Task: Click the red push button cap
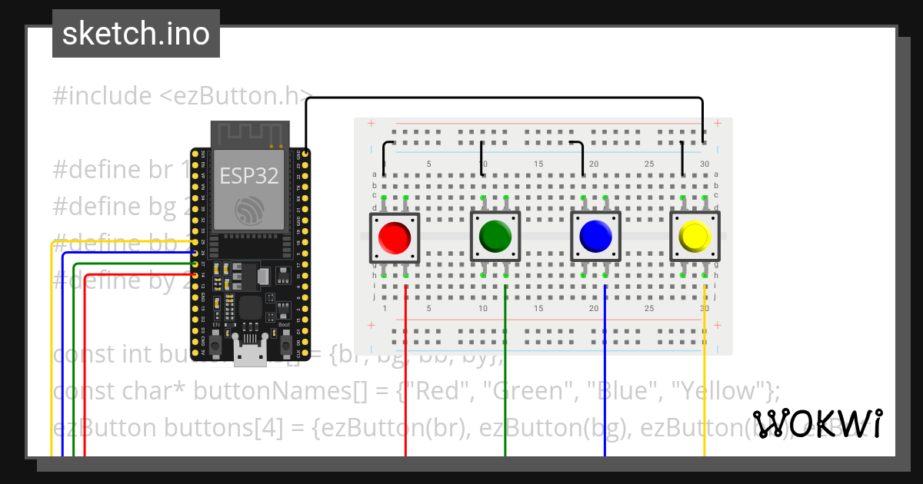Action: pyautogui.click(x=394, y=237)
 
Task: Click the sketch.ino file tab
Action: pyautogui.click(x=136, y=34)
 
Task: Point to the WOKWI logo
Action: pyautogui.click(x=817, y=423)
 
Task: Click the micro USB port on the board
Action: pyautogui.click(x=248, y=355)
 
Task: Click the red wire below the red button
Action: pyautogui.click(x=405, y=369)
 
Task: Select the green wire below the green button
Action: pyautogui.click(x=505, y=369)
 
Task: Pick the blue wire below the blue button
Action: pyautogui.click(x=605, y=369)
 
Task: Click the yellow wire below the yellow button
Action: pyautogui.click(x=705, y=369)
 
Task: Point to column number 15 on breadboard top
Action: pyautogui.click(x=538, y=164)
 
